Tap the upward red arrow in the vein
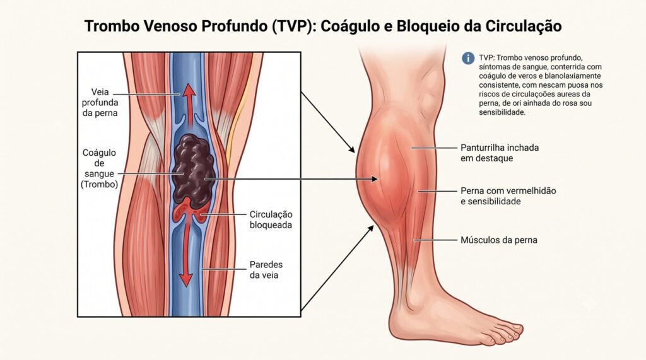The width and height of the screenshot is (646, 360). coord(189,105)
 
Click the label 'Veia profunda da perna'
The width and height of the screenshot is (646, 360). coord(100,102)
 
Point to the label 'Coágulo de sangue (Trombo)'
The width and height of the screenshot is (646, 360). coord(99,168)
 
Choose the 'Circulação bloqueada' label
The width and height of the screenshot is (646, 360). coord(271,219)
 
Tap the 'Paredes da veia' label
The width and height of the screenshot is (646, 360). coord(266,270)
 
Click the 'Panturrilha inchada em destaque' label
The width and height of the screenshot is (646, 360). coord(500,153)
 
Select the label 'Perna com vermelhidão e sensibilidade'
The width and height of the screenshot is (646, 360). coord(508,196)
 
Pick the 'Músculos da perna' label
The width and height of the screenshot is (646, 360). coord(498,240)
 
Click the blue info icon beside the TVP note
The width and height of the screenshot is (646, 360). coord(468,58)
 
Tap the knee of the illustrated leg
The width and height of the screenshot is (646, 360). coord(428,93)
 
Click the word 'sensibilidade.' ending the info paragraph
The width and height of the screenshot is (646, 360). coord(502,112)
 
